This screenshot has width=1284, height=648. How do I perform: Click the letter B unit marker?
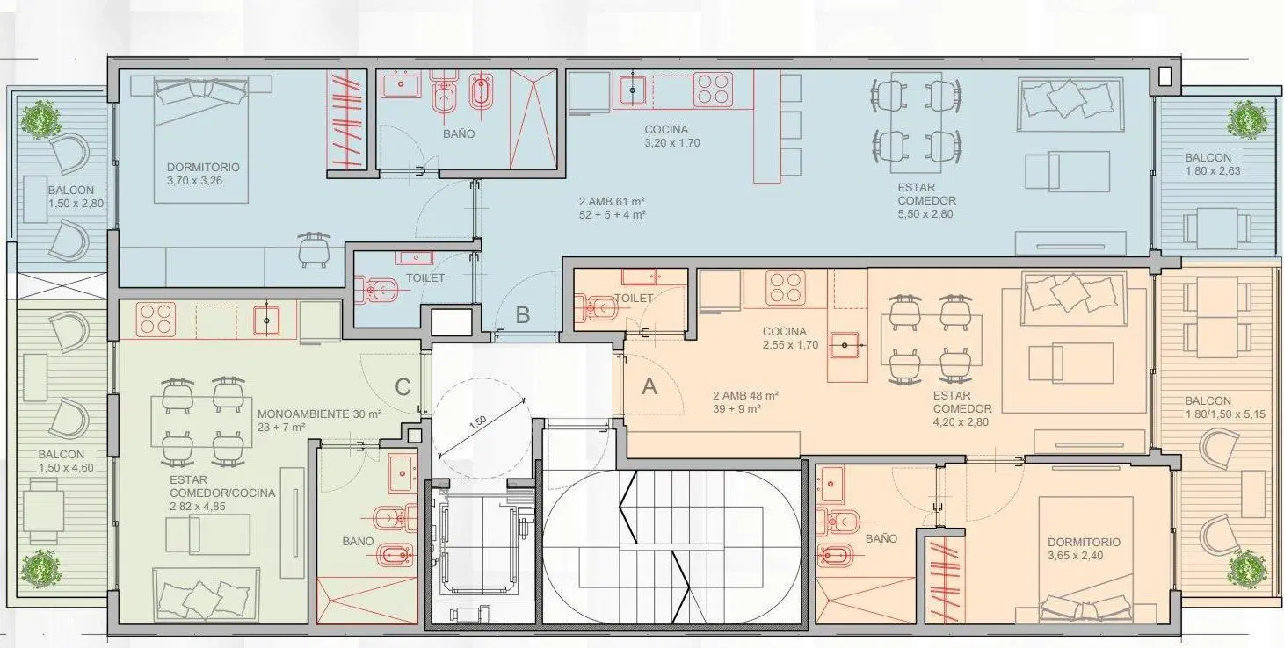(x=522, y=315)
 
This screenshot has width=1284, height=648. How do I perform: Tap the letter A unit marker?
(x=649, y=386)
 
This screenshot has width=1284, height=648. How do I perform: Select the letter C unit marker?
(x=403, y=387)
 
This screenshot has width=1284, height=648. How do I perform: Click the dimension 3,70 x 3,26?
(x=195, y=181)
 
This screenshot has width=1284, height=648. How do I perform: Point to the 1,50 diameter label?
(x=477, y=423)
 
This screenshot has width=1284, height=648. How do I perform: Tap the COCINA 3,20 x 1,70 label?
(x=671, y=136)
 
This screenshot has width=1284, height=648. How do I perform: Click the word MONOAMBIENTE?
(x=303, y=414)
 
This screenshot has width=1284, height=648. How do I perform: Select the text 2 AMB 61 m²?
(x=612, y=202)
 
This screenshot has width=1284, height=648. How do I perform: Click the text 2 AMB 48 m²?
(x=746, y=395)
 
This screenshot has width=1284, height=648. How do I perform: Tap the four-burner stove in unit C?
(x=156, y=319)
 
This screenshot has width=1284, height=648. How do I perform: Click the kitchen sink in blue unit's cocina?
(x=633, y=90)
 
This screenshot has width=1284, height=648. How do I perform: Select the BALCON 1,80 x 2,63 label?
(x=1212, y=164)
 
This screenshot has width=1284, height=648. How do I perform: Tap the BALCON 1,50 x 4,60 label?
(x=66, y=461)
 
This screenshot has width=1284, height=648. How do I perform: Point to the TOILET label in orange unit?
(x=634, y=299)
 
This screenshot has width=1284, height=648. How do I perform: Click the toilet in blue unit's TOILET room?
(x=375, y=291)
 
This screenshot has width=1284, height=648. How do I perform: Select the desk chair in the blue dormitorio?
(x=313, y=249)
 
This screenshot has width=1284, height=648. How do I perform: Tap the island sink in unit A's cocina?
(x=845, y=345)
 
